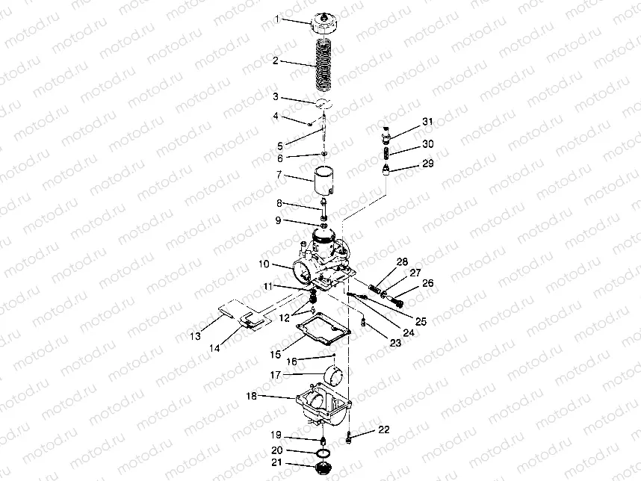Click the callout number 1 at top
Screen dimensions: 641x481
(x=276, y=19)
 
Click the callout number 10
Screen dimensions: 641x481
(x=264, y=264)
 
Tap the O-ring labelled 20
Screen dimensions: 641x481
(x=323, y=453)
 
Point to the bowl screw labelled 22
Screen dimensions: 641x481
(x=349, y=437)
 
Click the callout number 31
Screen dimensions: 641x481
(x=427, y=122)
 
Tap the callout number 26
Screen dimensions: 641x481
(x=427, y=283)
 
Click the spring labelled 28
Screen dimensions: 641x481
(x=375, y=289)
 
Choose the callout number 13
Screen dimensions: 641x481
(x=196, y=336)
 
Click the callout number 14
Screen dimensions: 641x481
(x=214, y=348)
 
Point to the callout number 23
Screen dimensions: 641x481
(x=395, y=343)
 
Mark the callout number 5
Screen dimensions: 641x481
(x=280, y=146)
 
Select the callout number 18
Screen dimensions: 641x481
(x=252, y=396)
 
